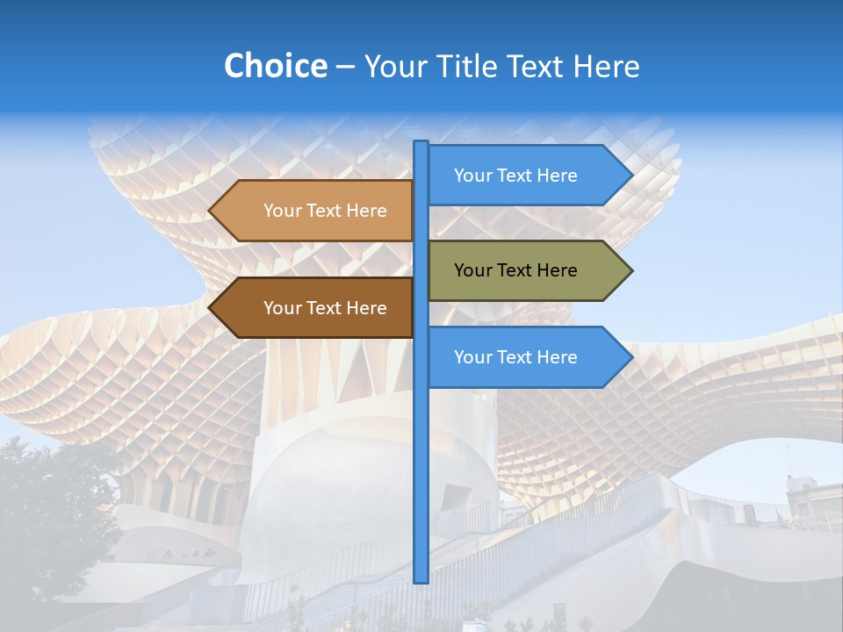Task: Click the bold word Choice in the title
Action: (x=275, y=66)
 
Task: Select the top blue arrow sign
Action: (x=518, y=176)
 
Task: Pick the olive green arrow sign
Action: (x=518, y=270)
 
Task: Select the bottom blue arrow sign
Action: (x=518, y=357)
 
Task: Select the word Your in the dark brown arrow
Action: (x=282, y=308)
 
